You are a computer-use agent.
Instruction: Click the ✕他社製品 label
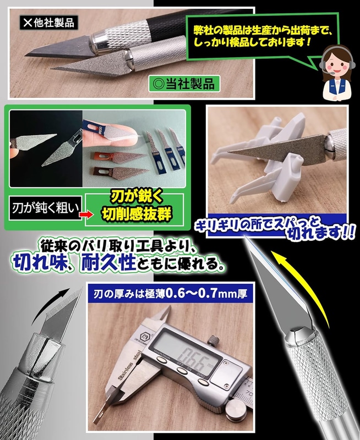48,23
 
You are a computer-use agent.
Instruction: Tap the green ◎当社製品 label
184,84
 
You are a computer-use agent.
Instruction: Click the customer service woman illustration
337,74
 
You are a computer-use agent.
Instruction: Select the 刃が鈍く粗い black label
46,208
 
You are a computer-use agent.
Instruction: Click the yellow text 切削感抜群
137,215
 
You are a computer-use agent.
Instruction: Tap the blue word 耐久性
108,262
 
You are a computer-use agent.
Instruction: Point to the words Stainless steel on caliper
130,367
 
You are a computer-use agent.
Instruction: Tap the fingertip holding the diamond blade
118,136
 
